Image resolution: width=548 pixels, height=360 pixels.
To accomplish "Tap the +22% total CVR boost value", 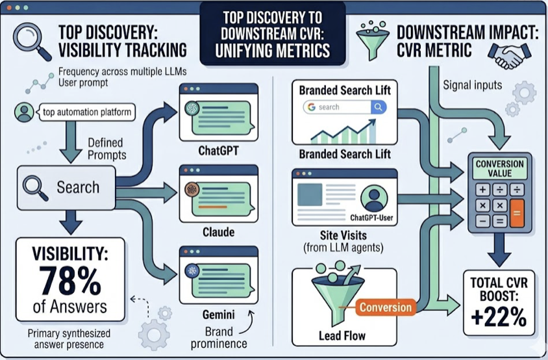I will coord(499,316).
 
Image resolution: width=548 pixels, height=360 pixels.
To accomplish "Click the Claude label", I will coord(218,232).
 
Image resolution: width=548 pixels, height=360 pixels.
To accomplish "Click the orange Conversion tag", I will coord(386,307).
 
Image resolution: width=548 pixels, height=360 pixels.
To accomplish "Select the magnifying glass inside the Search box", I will coord(34,187).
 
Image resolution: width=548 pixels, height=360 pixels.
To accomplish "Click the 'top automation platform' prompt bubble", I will coord(86,112).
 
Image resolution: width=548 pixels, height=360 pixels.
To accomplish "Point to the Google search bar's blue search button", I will coord(378,107).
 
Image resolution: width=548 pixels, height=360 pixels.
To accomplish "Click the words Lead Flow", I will coord(342,335).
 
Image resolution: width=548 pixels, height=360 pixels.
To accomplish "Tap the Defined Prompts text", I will coord(107,148).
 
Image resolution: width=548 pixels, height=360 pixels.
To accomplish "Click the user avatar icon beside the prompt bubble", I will coord(24,112).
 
